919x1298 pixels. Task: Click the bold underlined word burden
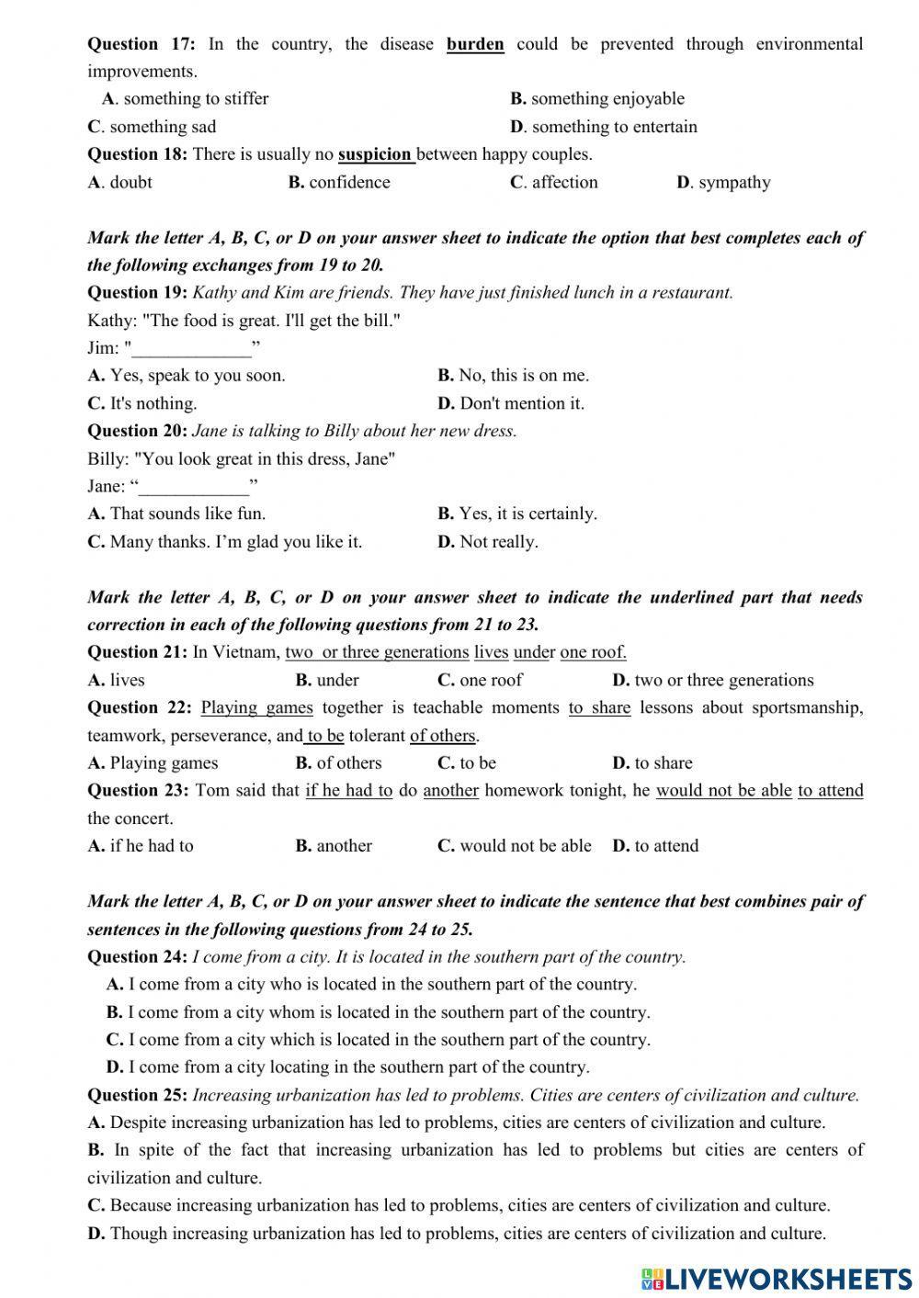click(475, 44)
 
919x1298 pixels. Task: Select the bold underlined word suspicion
click(376, 154)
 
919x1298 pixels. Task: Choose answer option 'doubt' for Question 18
click(130, 182)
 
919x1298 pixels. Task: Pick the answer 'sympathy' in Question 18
click(733, 182)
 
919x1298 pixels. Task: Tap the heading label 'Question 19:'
click(137, 293)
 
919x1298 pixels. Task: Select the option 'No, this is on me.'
click(523, 376)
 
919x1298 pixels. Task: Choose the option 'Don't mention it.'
click(521, 403)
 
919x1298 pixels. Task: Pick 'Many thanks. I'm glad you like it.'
click(235, 542)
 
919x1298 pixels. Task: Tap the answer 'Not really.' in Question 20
click(498, 542)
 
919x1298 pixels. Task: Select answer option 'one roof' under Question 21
click(491, 680)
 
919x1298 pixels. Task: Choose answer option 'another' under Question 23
click(344, 846)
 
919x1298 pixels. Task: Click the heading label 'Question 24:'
click(137, 957)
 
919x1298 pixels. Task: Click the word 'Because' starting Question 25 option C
click(140, 1205)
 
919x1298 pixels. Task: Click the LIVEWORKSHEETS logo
click(777, 1278)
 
